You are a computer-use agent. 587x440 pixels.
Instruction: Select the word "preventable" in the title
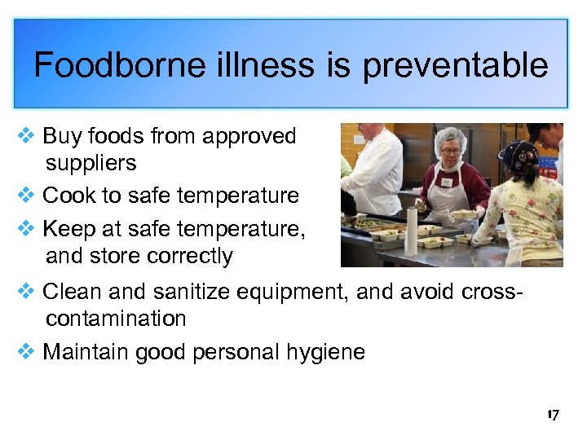click(455, 65)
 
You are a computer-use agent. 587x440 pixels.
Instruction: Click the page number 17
click(553, 416)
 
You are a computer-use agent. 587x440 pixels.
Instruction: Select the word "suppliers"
click(90, 163)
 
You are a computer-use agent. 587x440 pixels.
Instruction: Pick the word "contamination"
click(116, 318)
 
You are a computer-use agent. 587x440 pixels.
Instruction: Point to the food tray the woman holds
click(464, 213)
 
